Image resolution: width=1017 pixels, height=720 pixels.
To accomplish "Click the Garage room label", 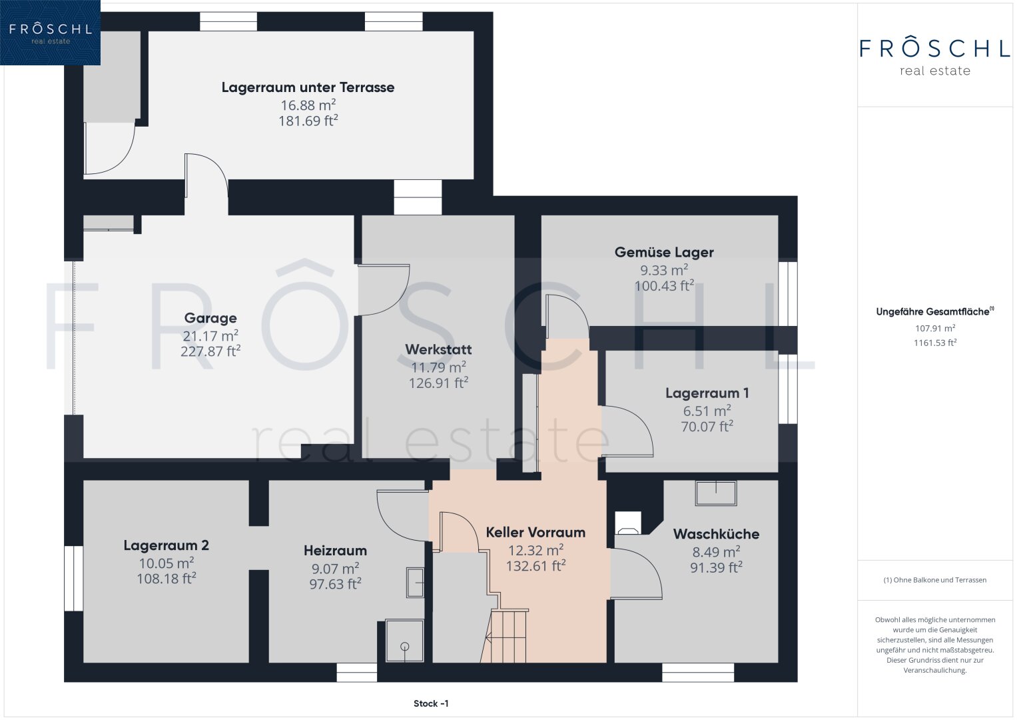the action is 210,318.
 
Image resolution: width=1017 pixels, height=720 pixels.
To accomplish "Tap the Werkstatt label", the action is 438,349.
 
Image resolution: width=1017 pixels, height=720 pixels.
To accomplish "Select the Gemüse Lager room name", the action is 664,252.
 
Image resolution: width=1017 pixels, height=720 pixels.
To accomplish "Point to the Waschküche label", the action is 716,534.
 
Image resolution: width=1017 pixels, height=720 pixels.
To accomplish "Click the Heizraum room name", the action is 335,551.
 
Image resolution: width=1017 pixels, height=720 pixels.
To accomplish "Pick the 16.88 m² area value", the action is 308,105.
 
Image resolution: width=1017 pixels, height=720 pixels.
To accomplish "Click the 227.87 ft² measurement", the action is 210,351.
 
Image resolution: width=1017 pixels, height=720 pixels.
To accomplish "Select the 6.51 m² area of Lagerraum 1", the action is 707,411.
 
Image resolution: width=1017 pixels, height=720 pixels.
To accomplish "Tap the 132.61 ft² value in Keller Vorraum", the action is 535,566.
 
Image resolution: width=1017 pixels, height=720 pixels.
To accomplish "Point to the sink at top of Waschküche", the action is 715,493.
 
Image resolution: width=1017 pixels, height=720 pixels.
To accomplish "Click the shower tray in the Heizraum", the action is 404,641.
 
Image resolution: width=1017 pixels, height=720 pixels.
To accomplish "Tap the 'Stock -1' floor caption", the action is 431,703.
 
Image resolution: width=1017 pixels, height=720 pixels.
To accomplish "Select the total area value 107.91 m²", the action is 935,328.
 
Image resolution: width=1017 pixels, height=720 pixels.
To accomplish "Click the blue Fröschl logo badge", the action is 50,32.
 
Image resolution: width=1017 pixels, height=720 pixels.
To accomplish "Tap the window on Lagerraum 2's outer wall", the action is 73,578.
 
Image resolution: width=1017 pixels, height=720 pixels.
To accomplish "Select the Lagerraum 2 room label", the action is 167,545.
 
